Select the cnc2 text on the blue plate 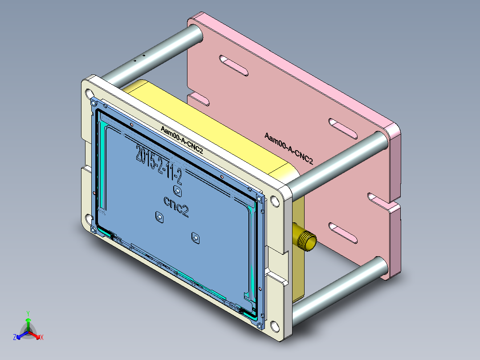click(x=175, y=207)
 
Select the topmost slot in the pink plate click(x=234, y=65)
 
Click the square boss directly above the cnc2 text click(x=178, y=192)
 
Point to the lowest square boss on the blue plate click(x=195, y=237)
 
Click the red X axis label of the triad click(x=42, y=338)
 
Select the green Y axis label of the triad click(x=28, y=313)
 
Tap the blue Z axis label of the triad click(x=15, y=338)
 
